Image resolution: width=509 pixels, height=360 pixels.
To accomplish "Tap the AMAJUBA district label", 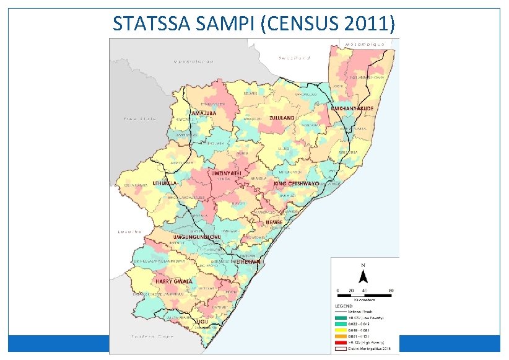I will [203, 113].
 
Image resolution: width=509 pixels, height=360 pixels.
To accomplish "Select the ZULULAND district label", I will [281, 117].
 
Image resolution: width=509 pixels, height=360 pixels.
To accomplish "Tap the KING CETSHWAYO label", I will [296, 184].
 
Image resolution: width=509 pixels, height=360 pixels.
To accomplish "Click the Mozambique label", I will [366, 45].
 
